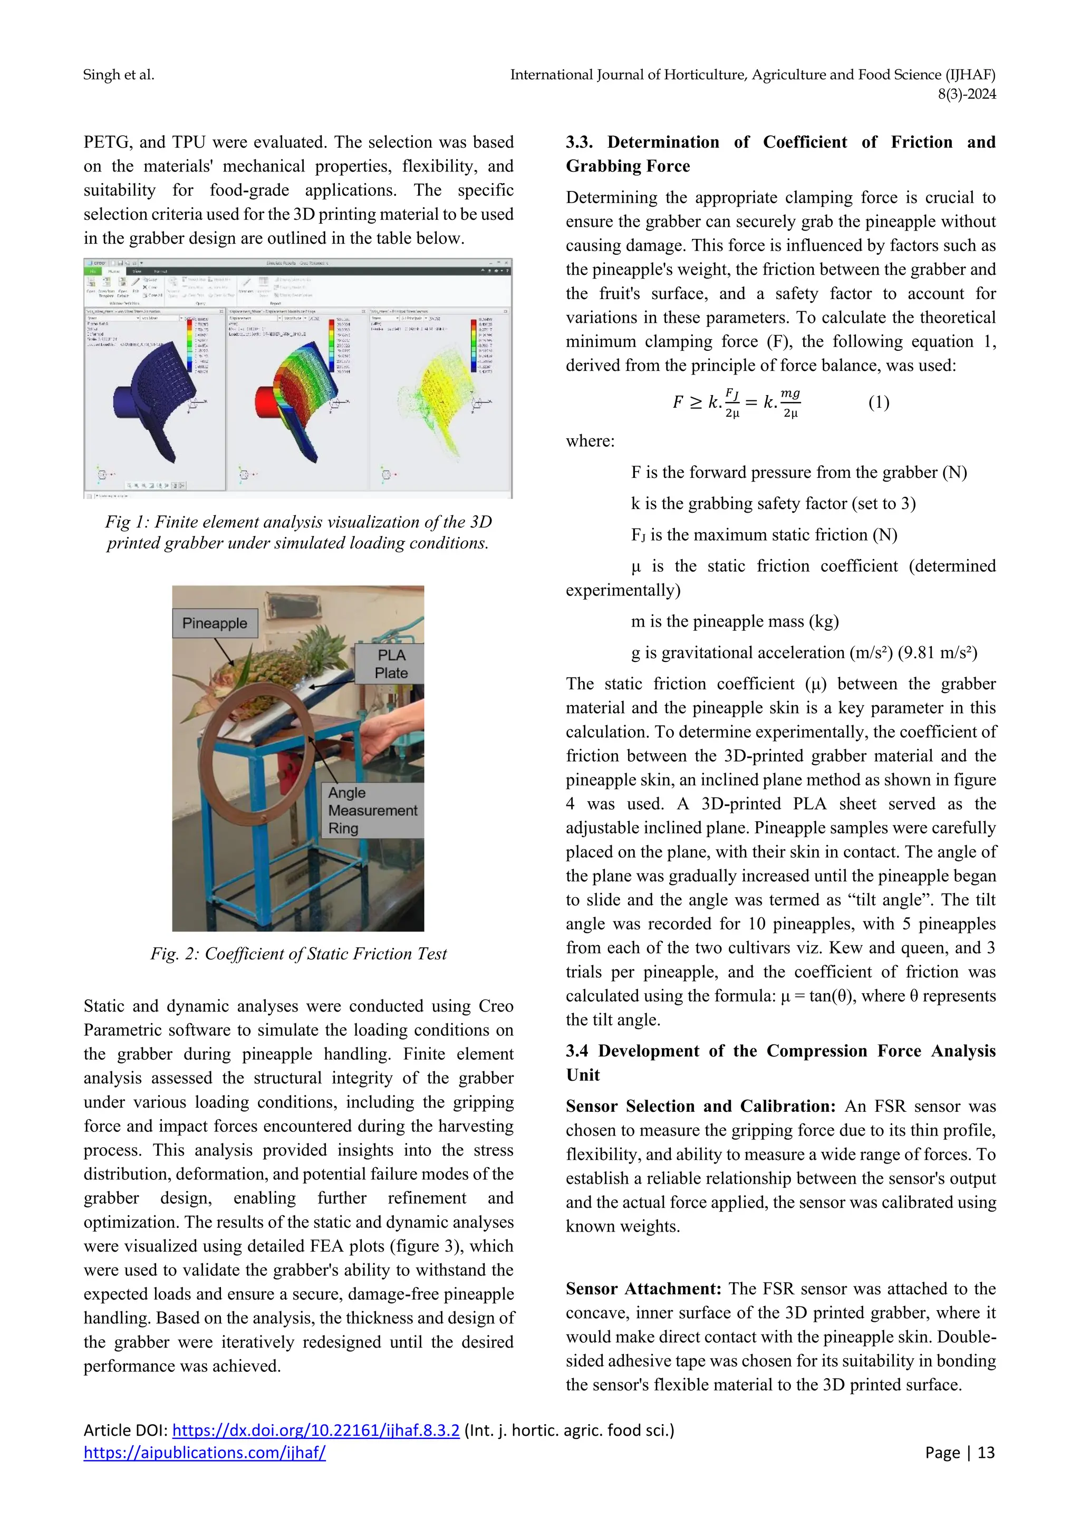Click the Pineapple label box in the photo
(x=214, y=623)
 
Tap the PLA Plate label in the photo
(x=391, y=664)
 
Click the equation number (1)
(x=879, y=402)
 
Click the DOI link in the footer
(x=315, y=1429)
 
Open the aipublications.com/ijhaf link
(x=204, y=1452)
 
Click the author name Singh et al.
(x=119, y=74)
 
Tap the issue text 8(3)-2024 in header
(x=966, y=94)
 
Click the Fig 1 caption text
(x=298, y=532)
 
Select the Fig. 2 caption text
(x=298, y=954)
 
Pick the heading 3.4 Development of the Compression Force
(x=780, y=1051)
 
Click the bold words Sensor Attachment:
(x=643, y=1289)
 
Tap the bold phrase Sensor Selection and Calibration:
(x=700, y=1106)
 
